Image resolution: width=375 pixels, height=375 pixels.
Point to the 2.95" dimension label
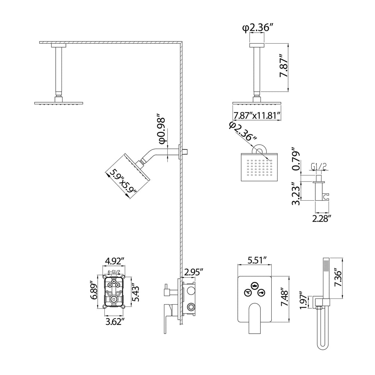(x=194, y=272)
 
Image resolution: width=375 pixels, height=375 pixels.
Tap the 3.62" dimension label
(x=115, y=322)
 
